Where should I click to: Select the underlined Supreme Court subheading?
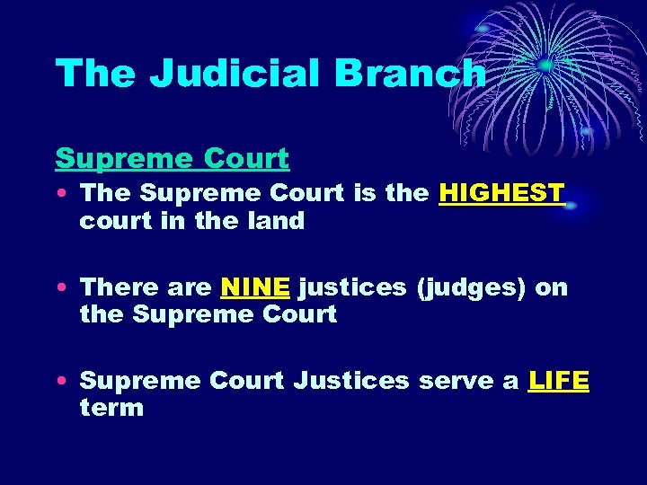click(172, 158)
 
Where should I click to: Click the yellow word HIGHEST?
click(501, 193)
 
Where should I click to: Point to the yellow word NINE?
click(255, 287)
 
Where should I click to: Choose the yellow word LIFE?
click(559, 381)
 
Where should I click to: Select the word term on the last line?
click(111, 408)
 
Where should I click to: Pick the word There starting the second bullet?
click(113, 287)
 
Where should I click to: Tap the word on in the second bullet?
click(551, 287)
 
